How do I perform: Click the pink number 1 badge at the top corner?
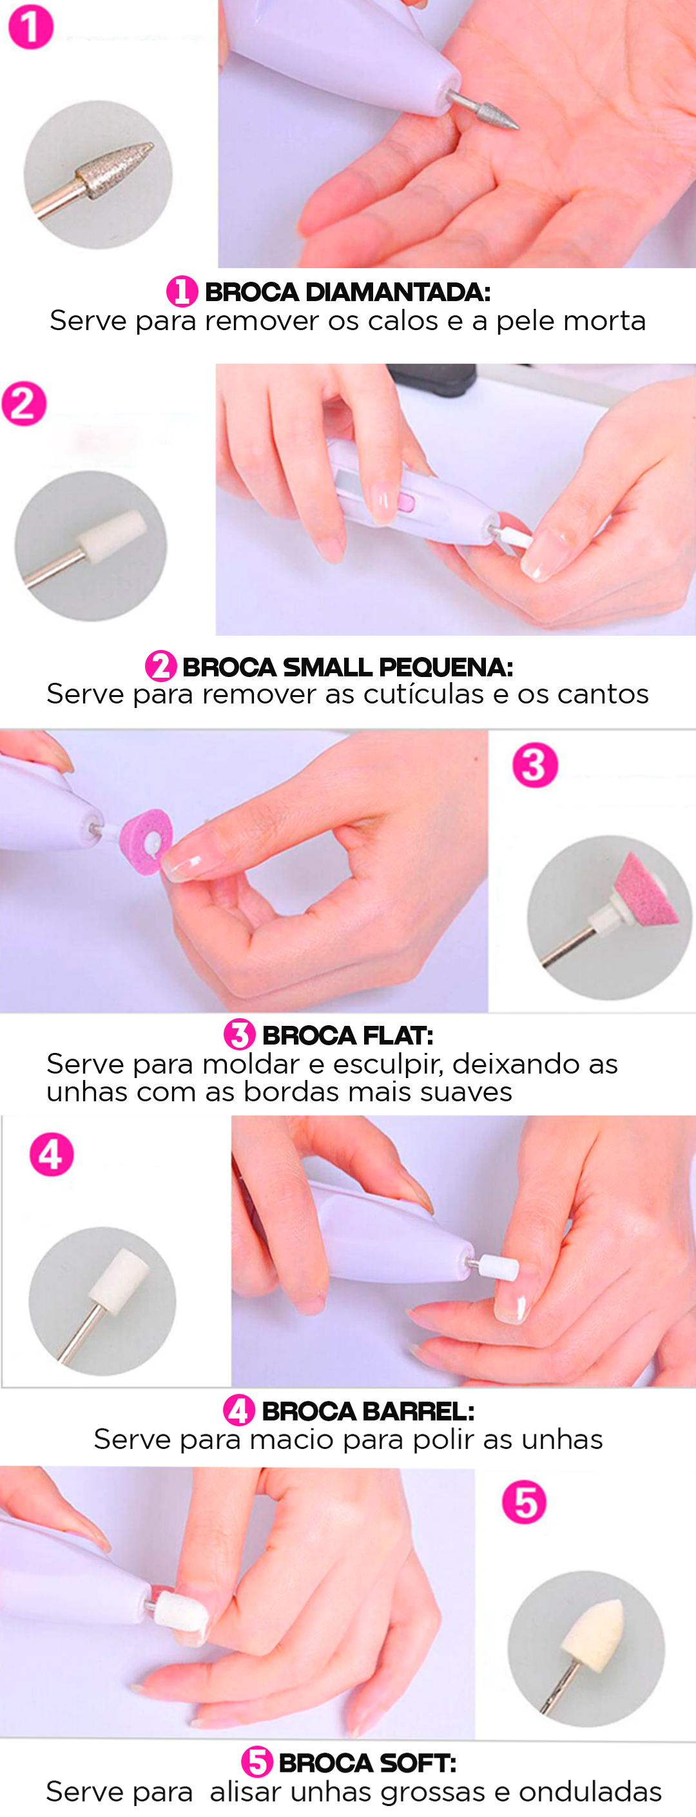[x=30, y=27]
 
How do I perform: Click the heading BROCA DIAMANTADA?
[x=347, y=292]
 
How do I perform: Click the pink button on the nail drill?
[x=406, y=502]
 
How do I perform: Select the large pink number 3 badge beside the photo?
[x=536, y=765]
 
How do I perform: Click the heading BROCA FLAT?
[x=347, y=1036]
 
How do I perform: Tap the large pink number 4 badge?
[x=52, y=1155]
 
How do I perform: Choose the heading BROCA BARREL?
[x=368, y=1411]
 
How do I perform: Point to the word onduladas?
[x=591, y=1792]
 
